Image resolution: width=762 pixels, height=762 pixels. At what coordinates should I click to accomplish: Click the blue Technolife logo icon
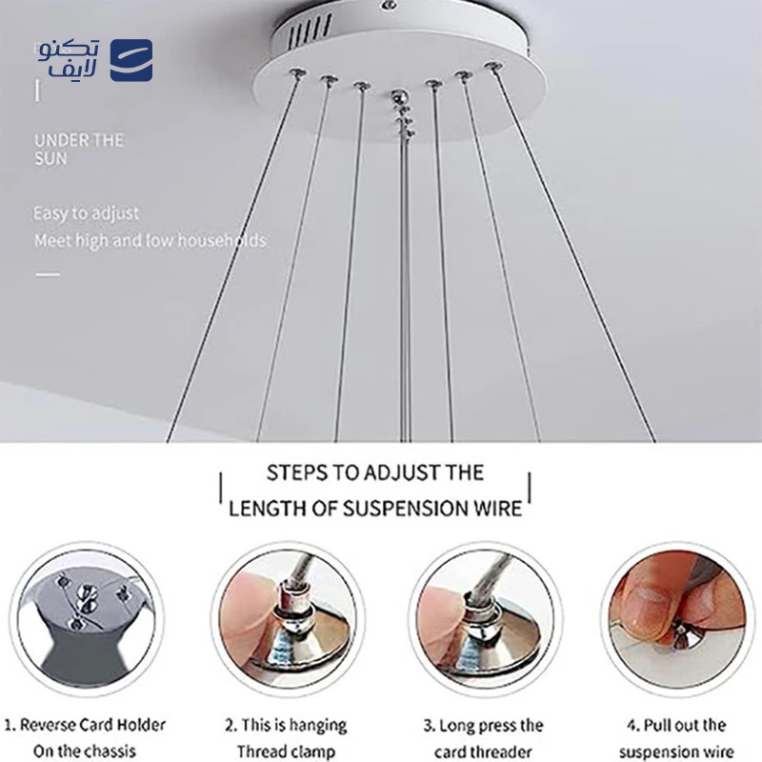pyautogui.click(x=131, y=59)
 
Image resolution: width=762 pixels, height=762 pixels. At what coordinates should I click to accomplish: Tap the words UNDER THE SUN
pyautogui.click(x=79, y=150)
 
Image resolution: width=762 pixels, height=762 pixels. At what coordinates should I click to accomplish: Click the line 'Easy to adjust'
pyautogui.click(x=87, y=213)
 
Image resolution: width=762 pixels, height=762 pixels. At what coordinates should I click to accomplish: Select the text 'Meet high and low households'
pyautogui.click(x=150, y=241)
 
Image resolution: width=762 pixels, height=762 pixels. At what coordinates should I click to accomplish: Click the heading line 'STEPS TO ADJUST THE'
pyautogui.click(x=375, y=472)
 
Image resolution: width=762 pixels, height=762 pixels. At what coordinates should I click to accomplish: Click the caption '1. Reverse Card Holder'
pyautogui.click(x=86, y=725)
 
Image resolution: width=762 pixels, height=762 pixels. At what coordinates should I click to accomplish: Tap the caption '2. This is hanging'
pyautogui.click(x=287, y=725)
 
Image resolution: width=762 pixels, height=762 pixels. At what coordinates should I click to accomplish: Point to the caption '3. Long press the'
pyautogui.click(x=484, y=725)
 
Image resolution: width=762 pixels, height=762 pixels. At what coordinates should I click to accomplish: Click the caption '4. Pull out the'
pyautogui.click(x=676, y=725)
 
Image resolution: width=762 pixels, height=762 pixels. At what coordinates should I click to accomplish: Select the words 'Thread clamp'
pyautogui.click(x=287, y=752)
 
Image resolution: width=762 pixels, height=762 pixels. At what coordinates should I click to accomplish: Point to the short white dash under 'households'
pyautogui.click(x=48, y=274)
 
